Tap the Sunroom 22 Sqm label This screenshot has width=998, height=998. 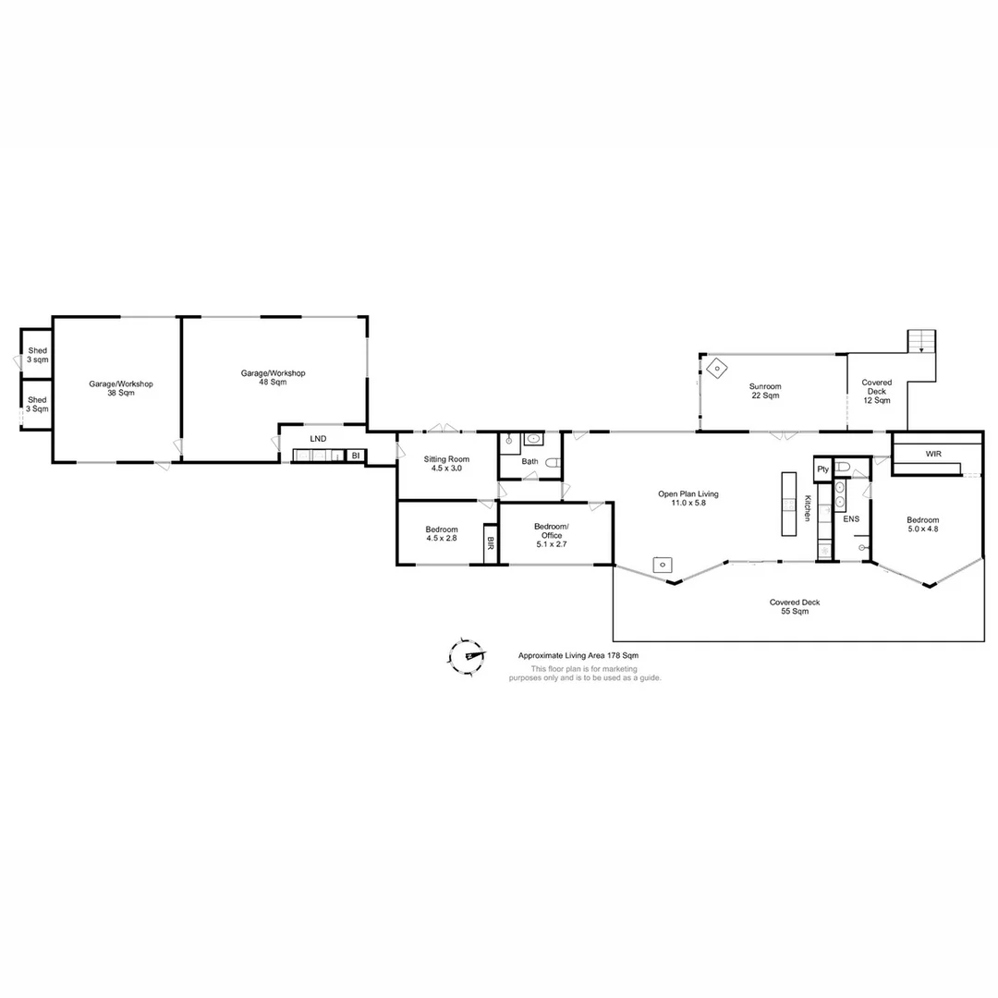click(x=764, y=391)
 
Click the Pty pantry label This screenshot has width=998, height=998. click(x=822, y=469)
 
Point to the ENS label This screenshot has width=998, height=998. click(x=850, y=518)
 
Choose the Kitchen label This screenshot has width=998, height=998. click(x=807, y=508)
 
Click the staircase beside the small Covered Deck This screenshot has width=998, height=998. click(x=921, y=341)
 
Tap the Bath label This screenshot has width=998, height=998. click(x=529, y=461)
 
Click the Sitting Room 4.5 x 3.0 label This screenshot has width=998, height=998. click(x=446, y=464)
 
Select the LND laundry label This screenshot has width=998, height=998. click(x=318, y=438)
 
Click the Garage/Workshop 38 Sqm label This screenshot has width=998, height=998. click(x=120, y=388)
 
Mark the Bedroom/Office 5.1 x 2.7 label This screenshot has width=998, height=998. click(x=551, y=535)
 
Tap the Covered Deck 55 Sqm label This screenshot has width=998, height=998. click(x=795, y=607)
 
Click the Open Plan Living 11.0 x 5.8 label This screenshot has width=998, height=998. click(x=688, y=498)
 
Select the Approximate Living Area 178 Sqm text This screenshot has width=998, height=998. click(x=578, y=655)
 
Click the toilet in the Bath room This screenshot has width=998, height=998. click(x=553, y=464)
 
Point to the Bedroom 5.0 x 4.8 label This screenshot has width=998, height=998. click(x=922, y=525)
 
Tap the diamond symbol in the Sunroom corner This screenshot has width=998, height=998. click(x=716, y=369)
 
